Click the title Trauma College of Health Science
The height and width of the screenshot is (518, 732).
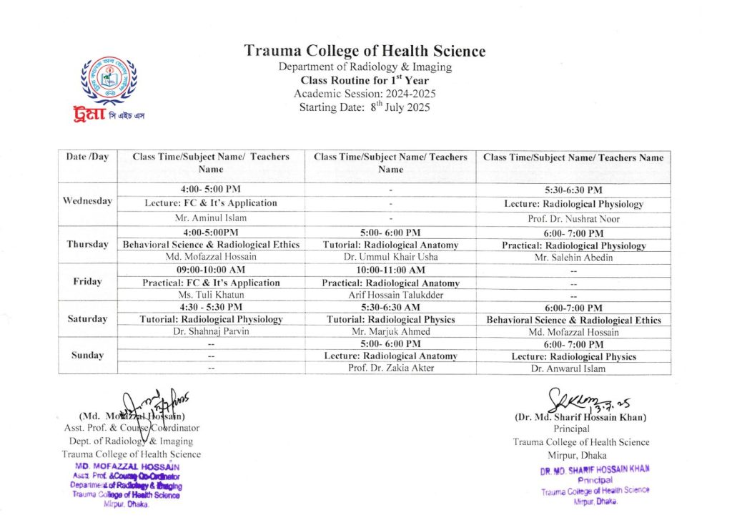tap(365, 51)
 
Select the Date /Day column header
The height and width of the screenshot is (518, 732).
tap(87, 157)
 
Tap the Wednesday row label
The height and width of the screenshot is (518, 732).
tap(87, 201)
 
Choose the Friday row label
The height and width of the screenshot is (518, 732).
tap(87, 281)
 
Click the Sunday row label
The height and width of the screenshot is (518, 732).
tap(87, 355)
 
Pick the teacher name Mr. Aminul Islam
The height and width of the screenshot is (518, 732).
tap(211, 218)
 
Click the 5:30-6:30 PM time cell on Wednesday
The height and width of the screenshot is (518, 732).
tap(573, 190)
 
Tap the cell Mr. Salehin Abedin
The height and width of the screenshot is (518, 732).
tap(573, 258)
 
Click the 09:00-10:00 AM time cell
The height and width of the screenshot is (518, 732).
tap(211, 270)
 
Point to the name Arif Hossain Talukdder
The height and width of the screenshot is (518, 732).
tap(390, 295)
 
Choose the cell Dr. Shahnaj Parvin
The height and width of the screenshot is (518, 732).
tap(211, 331)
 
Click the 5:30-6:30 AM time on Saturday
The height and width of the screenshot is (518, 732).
tap(390, 307)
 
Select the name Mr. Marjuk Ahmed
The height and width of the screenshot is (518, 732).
tap(390, 331)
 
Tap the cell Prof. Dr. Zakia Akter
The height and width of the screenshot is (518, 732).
tap(390, 368)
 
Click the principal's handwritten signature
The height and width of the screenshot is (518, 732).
tap(575, 399)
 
